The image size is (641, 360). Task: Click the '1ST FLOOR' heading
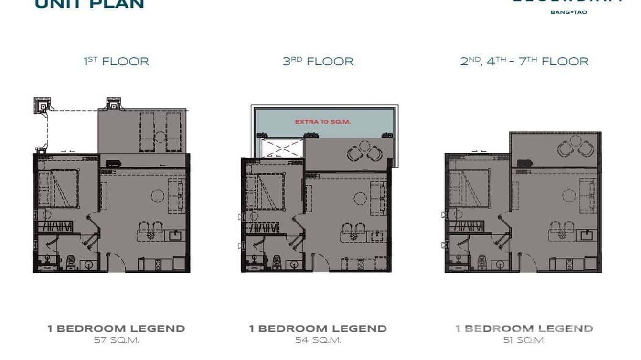(116, 62)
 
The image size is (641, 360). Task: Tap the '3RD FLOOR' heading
(318, 62)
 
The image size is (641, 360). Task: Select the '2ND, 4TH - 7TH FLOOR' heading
(524, 62)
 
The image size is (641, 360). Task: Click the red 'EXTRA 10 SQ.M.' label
(323, 122)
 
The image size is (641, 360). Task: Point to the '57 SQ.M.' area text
(116, 340)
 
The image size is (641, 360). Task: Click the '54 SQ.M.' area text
(318, 340)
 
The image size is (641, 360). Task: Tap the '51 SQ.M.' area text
(524, 340)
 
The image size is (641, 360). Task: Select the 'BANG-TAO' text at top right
(568, 12)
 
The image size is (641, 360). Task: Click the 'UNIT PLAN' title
(89, 4)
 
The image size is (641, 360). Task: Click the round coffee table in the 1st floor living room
(158, 195)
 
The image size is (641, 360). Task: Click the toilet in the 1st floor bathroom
(70, 262)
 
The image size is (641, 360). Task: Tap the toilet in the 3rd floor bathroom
(276, 262)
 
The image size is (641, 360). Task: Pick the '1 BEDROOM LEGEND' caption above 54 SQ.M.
(318, 328)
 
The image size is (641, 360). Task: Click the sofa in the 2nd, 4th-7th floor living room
(588, 195)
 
